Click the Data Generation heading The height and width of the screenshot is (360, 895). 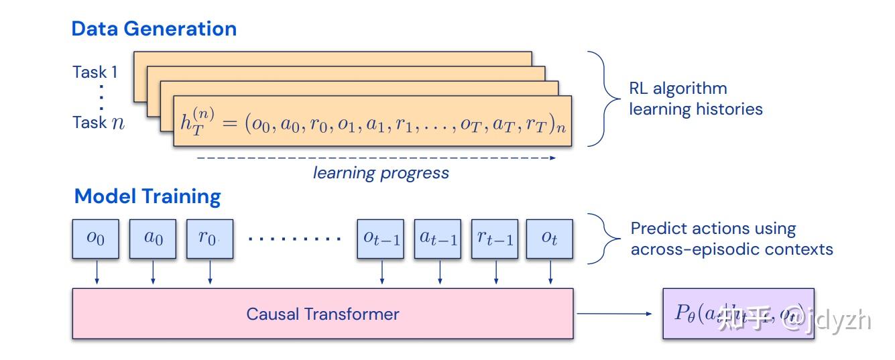coord(154,29)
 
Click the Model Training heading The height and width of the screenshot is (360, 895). coord(147,196)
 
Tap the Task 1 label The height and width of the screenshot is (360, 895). coord(95,72)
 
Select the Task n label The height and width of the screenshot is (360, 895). coord(99,123)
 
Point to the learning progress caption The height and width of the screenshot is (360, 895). coord(381,173)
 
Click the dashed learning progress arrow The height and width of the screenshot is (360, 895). coord(375,158)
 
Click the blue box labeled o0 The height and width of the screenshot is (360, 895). coord(96,239)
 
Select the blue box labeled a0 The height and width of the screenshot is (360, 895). coord(154,239)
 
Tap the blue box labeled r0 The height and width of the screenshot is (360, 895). coord(210,239)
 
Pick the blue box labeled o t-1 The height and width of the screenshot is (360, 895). coord(381,239)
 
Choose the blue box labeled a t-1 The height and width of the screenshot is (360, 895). coord(438,239)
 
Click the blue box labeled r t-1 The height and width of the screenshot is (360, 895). coord(495,239)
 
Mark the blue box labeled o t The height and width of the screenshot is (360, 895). coord(550,239)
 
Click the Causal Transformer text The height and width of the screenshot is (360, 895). coord(322,314)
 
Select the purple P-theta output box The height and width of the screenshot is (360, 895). coord(737,314)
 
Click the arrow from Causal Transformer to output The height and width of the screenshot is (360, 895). coord(613,314)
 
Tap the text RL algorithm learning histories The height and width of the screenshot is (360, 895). coord(695,99)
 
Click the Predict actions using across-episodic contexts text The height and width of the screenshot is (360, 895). coord(731,239)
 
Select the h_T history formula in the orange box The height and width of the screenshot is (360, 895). coord(372,121)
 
